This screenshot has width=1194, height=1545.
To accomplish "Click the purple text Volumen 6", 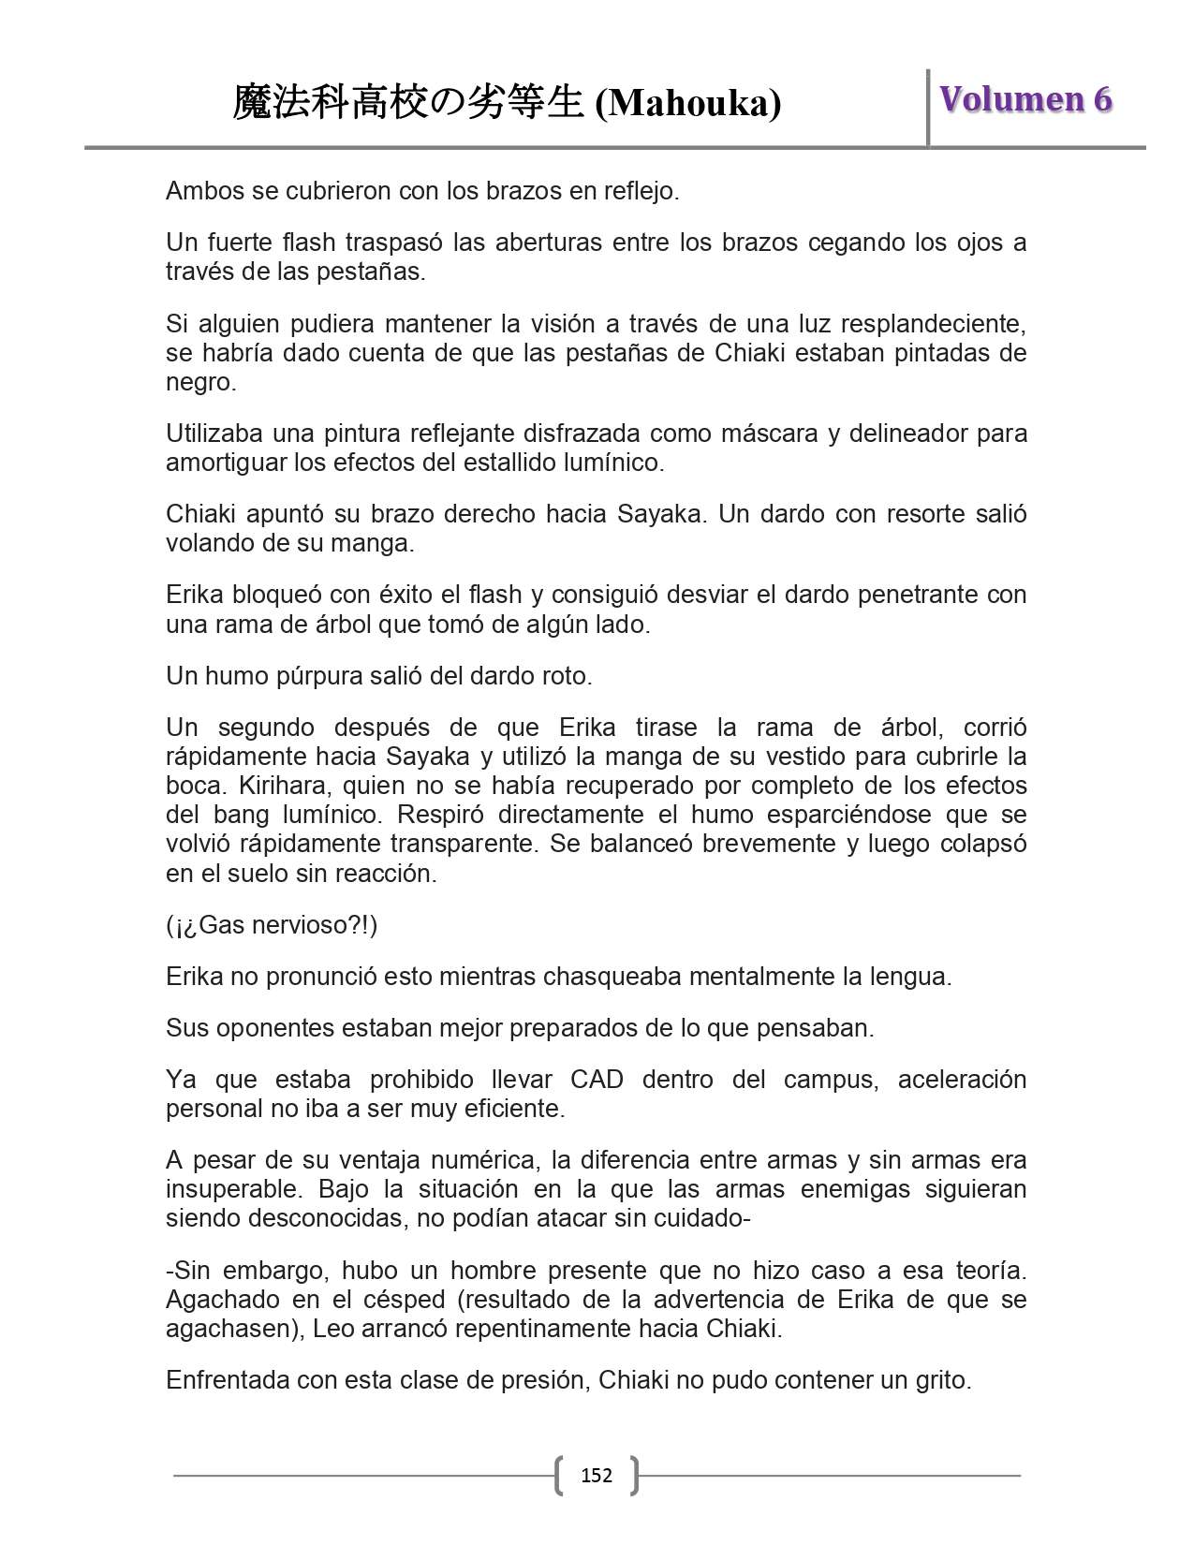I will point(1025,99).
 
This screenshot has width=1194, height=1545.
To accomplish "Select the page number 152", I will point(597,1476).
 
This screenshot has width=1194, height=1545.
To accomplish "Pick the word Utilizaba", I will point(213,434).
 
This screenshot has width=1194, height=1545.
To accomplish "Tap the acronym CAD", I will point(597,1080).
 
